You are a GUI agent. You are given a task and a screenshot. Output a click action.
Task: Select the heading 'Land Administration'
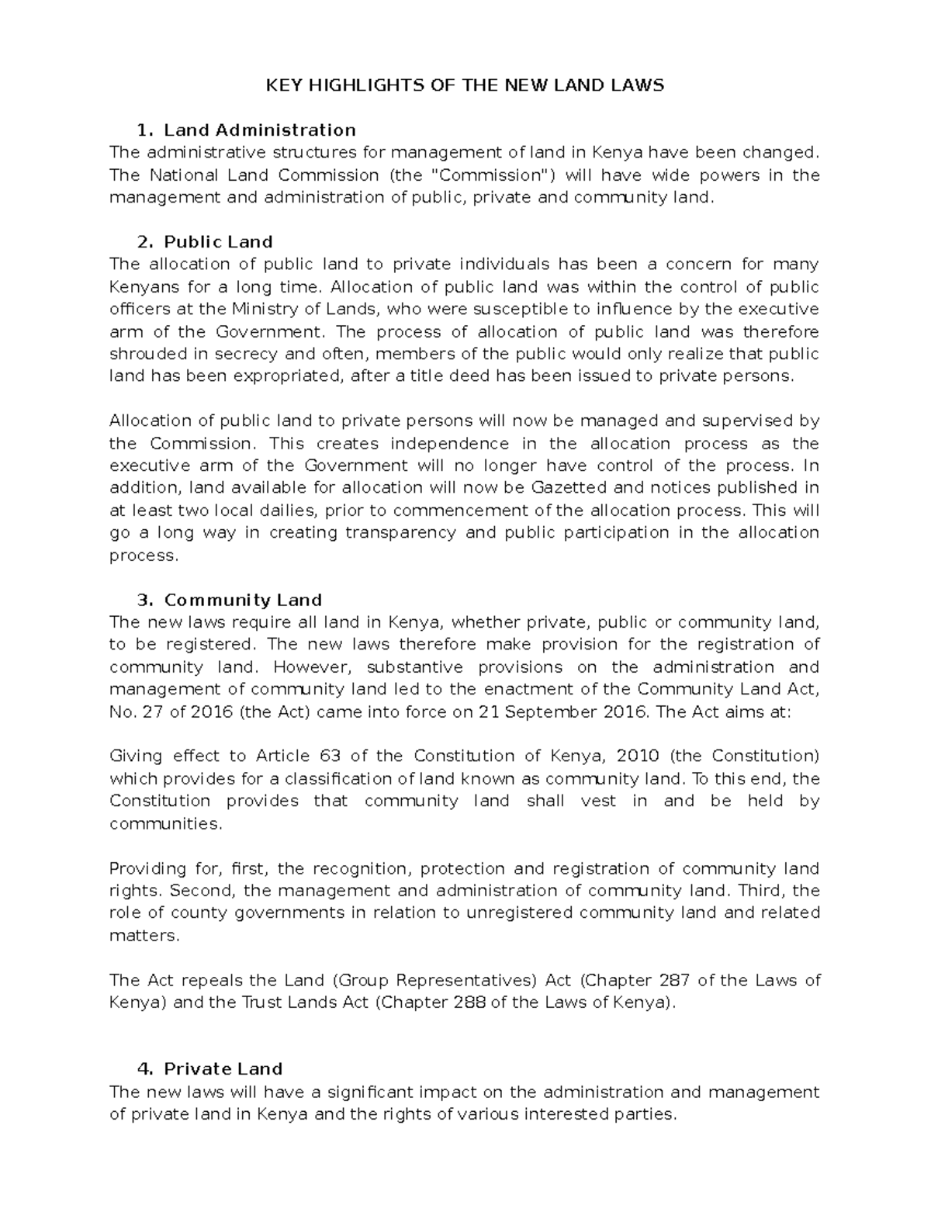pos(260,130)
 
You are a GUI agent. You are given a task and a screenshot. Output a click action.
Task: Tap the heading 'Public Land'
pos(218,242)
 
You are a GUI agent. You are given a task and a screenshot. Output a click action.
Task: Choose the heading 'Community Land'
pos(243,600)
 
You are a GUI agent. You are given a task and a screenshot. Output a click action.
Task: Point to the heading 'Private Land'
pos(223,1068)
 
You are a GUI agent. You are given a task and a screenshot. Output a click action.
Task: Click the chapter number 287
pos(674,980)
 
